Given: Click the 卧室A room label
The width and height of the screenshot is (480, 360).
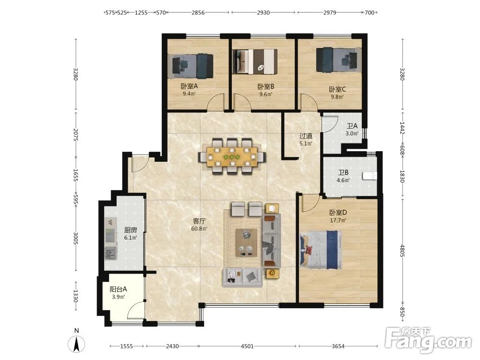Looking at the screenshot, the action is point(189,86).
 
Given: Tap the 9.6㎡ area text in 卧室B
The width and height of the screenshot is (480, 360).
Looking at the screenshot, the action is point(266,94).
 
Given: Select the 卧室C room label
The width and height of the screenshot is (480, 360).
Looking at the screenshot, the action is point(337,89).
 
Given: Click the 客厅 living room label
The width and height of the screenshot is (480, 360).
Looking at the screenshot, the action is point(199,221).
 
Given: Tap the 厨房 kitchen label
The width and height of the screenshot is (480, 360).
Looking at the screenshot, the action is point(131,230).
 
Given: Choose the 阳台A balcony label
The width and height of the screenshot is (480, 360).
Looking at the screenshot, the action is point(118,289).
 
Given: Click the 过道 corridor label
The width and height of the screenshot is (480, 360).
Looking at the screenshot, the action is point(306,136).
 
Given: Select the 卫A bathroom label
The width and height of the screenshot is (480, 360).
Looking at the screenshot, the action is point(352,126).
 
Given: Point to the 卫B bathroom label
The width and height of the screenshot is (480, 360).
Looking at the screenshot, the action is point(343,173).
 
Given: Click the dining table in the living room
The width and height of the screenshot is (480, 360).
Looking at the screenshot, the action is point(232,157).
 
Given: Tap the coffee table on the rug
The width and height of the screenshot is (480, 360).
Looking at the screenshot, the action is point(246,243).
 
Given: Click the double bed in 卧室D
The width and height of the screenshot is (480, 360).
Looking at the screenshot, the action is point(321,250).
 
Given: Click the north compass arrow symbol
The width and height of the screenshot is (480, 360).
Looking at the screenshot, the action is point(76,344).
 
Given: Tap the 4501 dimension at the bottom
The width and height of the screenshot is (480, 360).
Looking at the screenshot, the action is point(247,346).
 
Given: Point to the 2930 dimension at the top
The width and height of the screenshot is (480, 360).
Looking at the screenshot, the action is point(263,12).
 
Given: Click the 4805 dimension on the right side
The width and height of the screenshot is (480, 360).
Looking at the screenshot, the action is point(403,251).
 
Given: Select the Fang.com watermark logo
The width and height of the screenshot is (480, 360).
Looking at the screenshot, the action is point(428,340).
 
